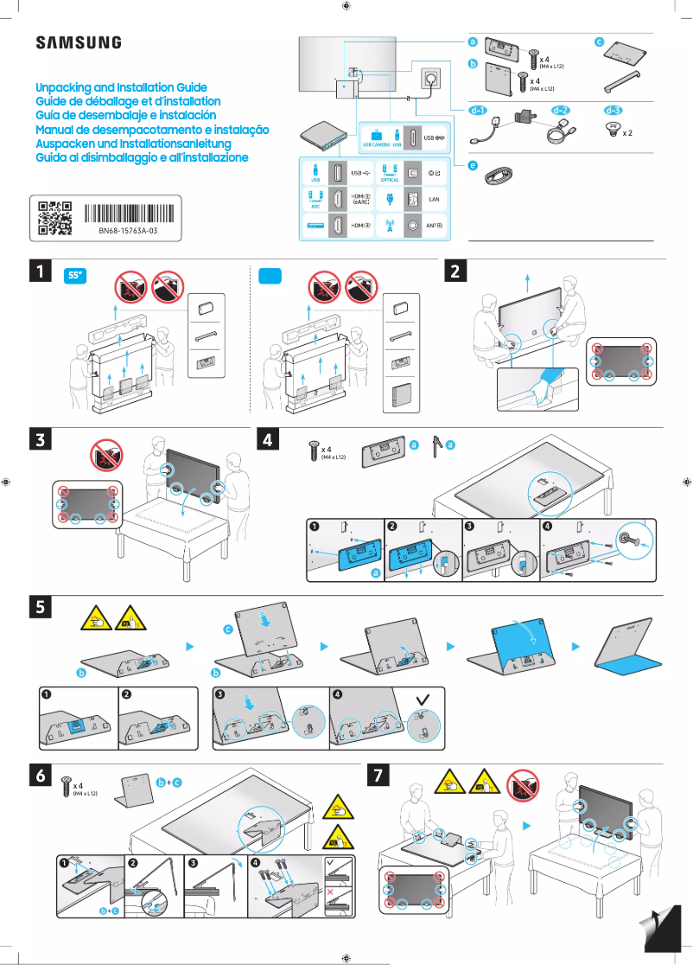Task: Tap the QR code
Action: pos(54,218)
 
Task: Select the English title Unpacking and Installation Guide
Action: pos(121,88)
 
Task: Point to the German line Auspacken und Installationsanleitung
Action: pos(133,144)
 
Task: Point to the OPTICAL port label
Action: pos(390,180)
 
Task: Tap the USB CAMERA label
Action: pos(377,145)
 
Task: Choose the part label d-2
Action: pos(560,111)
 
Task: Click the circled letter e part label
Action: pos(473,164)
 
